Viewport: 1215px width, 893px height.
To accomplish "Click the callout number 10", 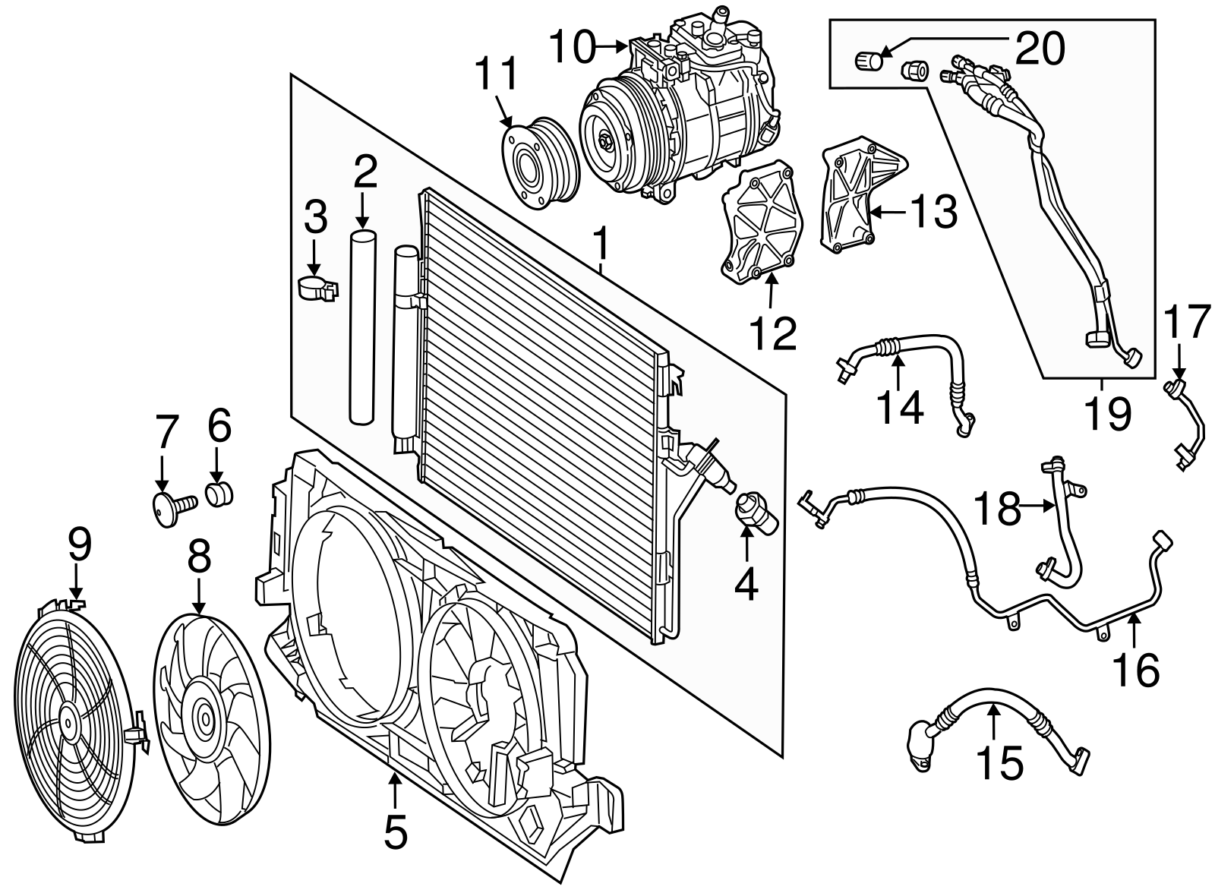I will point(572,48).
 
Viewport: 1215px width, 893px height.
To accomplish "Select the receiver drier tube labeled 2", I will point(363,327).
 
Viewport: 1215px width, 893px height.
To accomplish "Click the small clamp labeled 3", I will point(315,289).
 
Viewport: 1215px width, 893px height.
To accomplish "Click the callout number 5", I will point(395,832).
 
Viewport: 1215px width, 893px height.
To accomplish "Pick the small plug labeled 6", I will point(219,493).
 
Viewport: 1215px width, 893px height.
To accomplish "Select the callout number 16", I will point(1136,668).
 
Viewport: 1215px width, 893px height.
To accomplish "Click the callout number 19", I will point(1106,414).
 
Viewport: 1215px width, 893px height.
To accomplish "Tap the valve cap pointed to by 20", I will point(866,59).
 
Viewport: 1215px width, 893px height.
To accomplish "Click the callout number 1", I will point(601,245).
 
